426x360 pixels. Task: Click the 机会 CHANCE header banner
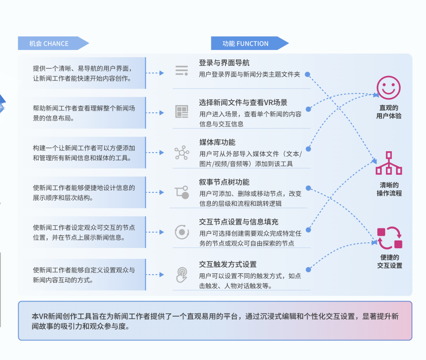(x=53, y=43)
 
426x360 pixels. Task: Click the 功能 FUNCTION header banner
(x=250, y=43)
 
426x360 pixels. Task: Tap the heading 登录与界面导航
(x=224, y=63)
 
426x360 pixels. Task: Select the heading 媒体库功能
(x=217, y=142)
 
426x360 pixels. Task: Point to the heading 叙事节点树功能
(x=224, y=182)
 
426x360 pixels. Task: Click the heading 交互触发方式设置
(x=228, y=264)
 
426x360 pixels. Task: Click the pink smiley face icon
(x=389, y=88)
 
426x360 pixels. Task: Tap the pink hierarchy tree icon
(x=389, y=163)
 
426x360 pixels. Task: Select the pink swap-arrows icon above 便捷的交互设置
(x=390, y=238)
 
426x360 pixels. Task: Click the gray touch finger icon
(x=182, y=275)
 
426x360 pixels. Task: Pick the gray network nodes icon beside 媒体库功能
(x=182, y=153)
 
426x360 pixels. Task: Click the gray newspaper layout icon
(x=181, y=111)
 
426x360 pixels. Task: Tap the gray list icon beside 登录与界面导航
(x=181, y=71)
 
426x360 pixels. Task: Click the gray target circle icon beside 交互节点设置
(x=182, y=232)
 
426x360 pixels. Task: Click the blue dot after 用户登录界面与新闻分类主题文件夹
(x=307, y=74)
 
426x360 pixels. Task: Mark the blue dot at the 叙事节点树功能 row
(x=308, y=188)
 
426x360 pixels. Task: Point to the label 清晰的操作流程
(x=389, y=189)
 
